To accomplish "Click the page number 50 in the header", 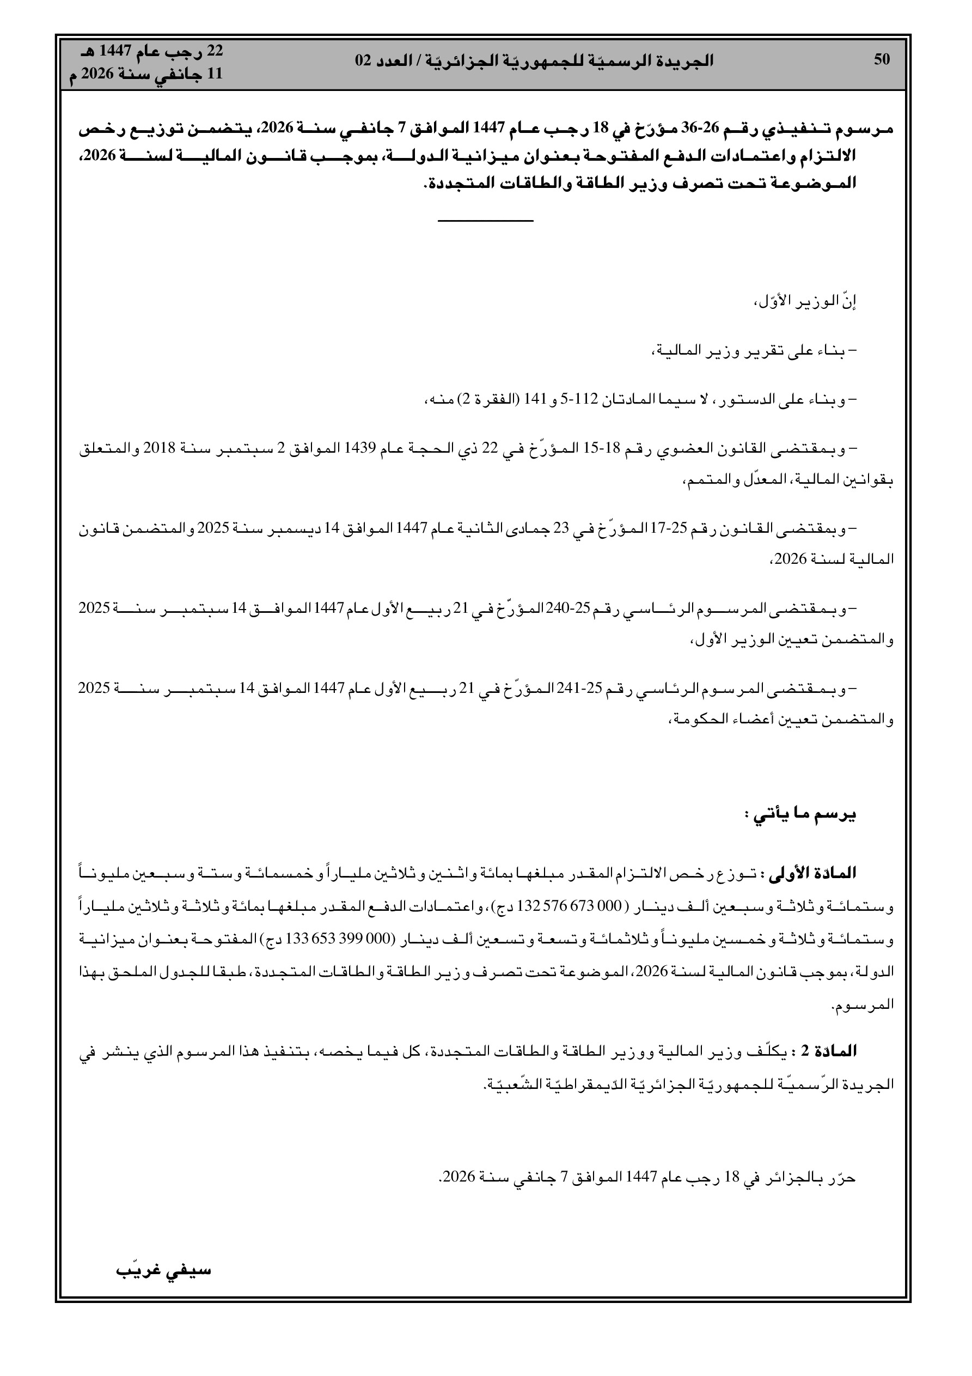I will pyautogui.click(x=882, y=59).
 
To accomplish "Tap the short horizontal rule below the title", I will pyautogui.click(x=485, y=222).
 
